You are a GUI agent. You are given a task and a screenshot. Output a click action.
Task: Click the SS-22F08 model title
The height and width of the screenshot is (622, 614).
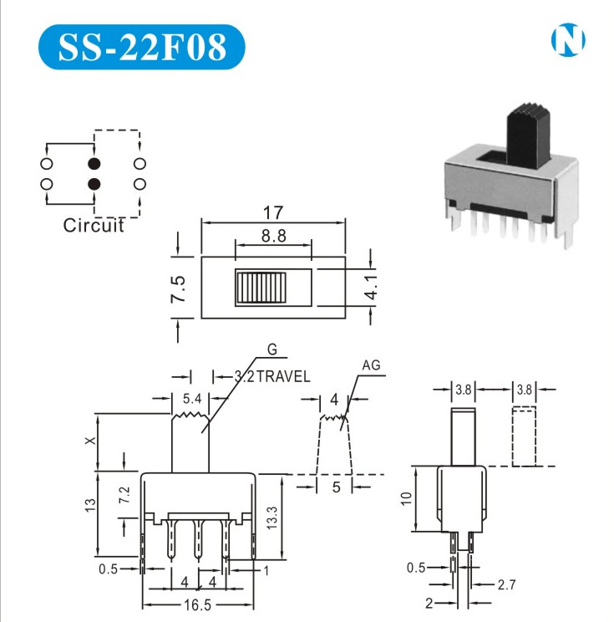[x=142, y=47]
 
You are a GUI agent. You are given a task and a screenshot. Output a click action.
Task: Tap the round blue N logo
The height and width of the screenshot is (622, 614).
[x=567, y=39]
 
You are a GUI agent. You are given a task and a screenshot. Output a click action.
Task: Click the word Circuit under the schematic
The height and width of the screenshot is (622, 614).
[x=94, y=226]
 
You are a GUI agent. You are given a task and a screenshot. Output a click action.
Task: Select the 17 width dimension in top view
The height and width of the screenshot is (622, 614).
[x=273, y=212]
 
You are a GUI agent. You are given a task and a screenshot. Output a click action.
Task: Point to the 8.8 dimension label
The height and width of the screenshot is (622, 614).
[x=273, y=236]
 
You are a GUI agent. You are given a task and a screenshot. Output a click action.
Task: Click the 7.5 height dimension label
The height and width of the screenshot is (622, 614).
[x=178, y=288]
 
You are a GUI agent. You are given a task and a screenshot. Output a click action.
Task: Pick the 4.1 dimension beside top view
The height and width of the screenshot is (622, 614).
[x=371, y=288]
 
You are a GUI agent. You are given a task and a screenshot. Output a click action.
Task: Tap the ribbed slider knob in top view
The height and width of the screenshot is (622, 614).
[x=261, y=288]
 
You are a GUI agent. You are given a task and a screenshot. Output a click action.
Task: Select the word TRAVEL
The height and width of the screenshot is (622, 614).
[x=283, y=376]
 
